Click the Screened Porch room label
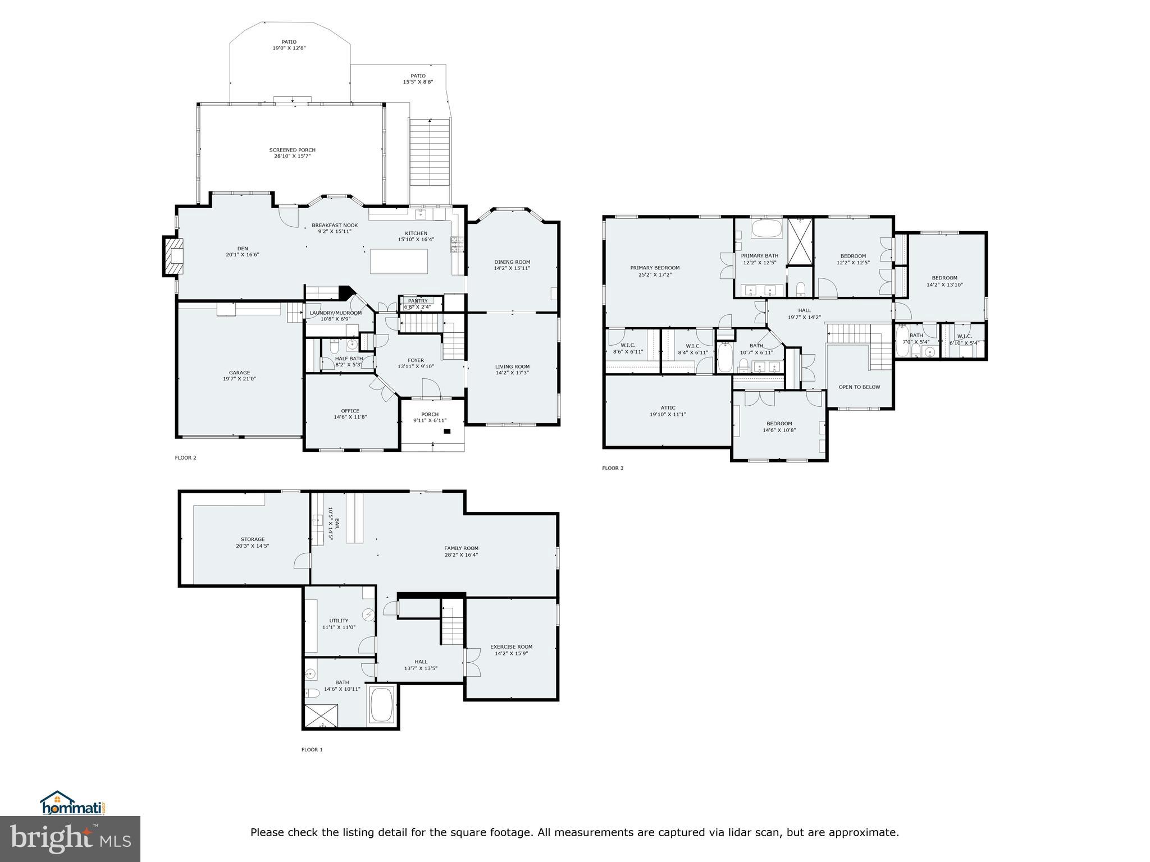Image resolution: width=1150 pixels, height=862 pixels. point(292,150)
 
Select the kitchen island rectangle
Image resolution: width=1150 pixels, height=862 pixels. point(399,262)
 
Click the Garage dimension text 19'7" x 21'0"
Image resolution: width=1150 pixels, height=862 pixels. point(239,379)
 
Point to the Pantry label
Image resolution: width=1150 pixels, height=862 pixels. point(418,301)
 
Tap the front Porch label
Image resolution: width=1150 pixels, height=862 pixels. point(430,414)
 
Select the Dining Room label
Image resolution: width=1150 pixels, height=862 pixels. point(512,262)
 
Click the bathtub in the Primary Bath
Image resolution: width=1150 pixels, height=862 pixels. point(766,229)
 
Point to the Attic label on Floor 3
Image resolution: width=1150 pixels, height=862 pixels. point(668,408)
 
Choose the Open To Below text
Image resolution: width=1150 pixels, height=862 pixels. point(859,387)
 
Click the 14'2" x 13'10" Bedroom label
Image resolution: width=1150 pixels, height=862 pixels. point(944,278)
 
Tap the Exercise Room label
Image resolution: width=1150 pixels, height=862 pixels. point(511,646)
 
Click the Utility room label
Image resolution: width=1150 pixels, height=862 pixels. point(339,621)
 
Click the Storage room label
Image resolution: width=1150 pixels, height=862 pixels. point(252,539)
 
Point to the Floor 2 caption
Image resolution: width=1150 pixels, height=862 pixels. point(185,458)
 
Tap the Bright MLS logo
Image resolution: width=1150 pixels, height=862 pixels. point(70,838)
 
